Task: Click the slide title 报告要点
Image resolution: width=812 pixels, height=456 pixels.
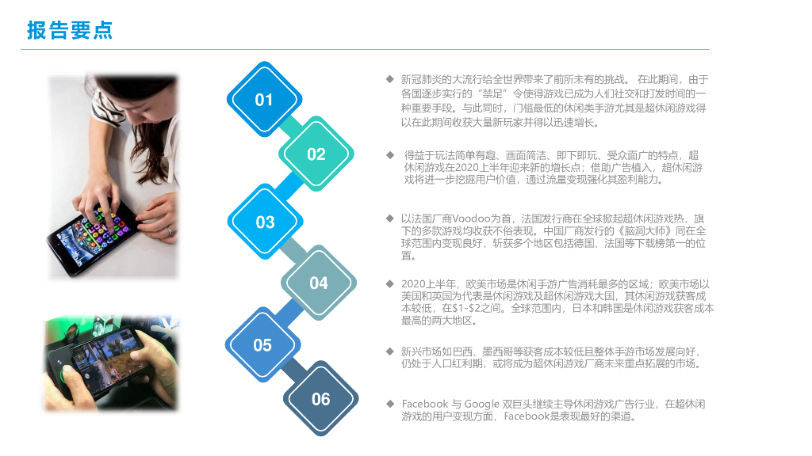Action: coord(70,30)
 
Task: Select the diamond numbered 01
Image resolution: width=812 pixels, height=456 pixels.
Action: coord(264,100)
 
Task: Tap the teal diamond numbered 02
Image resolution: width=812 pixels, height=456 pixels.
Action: coord(316,154)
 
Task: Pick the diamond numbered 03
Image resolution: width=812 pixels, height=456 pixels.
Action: coord(265,222)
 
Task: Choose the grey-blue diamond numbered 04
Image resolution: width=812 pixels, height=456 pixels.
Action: coord(319,283)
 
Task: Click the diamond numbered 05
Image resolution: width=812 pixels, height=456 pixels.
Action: coord(262,345)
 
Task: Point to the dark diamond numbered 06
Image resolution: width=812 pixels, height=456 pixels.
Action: coord(320,399)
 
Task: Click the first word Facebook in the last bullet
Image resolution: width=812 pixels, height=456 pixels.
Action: coord(424,404)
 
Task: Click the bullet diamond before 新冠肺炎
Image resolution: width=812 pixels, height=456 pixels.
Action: coord(389,79)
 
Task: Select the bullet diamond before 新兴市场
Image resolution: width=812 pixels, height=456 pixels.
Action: coord(389,350)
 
